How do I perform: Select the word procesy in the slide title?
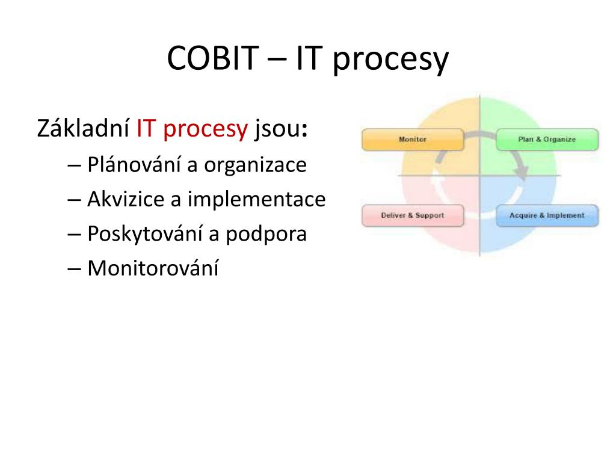(x=391, y=60)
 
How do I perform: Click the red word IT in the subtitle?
(x=146, y=129)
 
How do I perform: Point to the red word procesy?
(x=206, y=131)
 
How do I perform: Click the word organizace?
(x=255, y=166)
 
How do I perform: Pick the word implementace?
(x=256, y=200)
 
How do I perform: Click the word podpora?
(x=266, y=235)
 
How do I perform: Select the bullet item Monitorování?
(x=153, y=268)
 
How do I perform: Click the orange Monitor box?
(x=413, y=140)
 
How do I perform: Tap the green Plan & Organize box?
(x=547, y=140)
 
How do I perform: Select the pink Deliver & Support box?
(x=413, y=216)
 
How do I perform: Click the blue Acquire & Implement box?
(x=547, y=216)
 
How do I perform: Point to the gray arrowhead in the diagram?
(x=522, y=173)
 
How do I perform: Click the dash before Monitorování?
(x=74, y=269)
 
